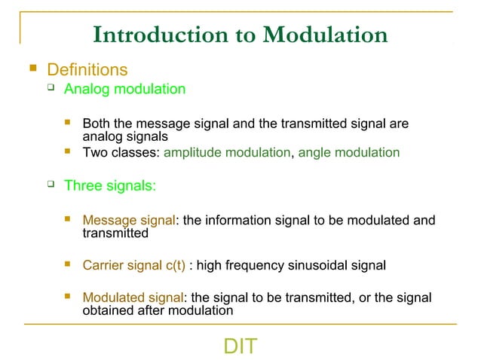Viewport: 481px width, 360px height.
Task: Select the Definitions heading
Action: (87, 70)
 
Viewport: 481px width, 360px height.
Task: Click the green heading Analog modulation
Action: (124, 90)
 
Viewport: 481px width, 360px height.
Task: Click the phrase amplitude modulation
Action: (226, 152)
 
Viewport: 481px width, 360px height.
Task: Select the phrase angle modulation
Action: (349, 152)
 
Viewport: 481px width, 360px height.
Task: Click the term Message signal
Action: (128, 221)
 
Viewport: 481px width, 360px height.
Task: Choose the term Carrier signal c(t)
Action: (133, 265)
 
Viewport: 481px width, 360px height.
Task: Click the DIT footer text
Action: (240, 346)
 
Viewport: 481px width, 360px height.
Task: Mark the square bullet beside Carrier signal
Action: (69, 264)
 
